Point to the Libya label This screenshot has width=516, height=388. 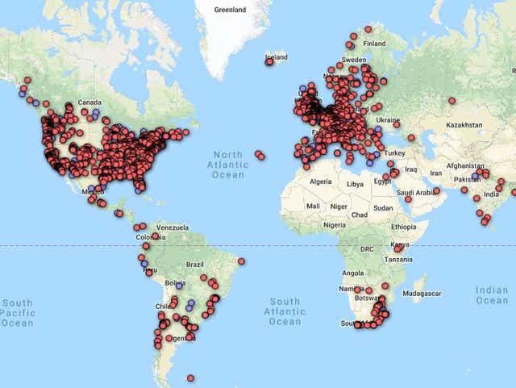(x=355, y=184)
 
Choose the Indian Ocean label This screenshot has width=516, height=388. (x=492, y=294)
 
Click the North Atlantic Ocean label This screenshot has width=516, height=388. (x=227, y=165)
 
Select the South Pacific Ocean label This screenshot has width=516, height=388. (x=17, y=312)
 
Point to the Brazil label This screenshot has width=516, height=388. (x=195, y=265)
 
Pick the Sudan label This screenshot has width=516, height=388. (x=383, y=207)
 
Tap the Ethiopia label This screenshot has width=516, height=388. (x=404, y=227)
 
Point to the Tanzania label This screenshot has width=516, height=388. (x=398, y=259)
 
